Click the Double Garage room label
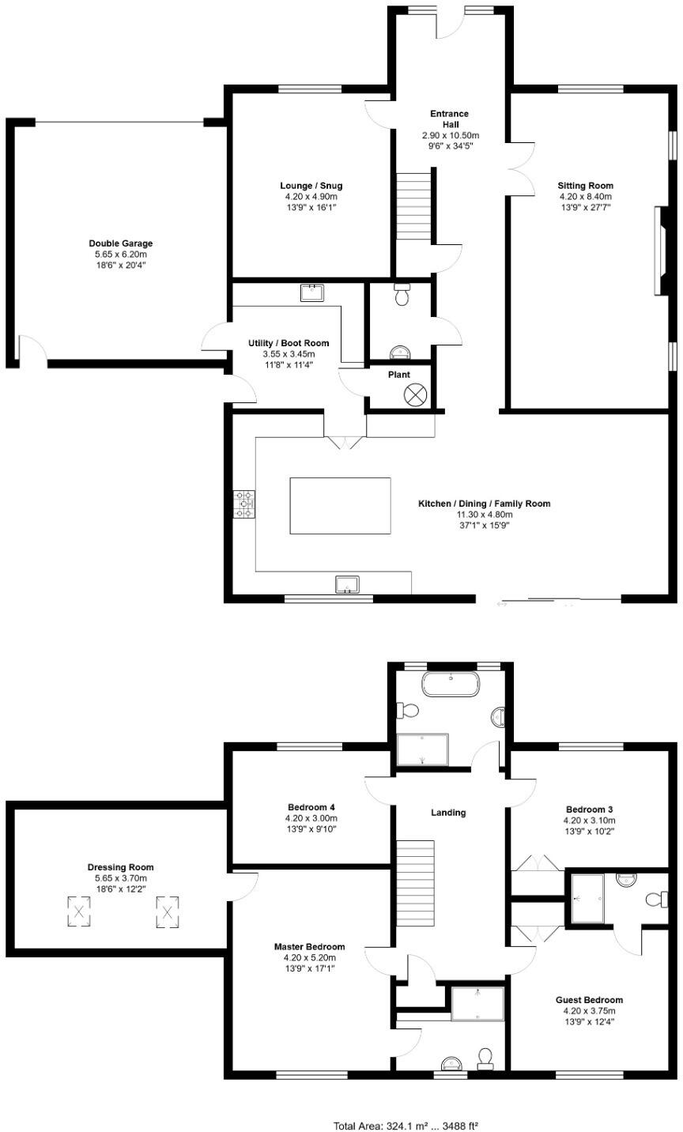[121, 243]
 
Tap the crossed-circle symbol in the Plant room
[415, 395]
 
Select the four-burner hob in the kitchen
[244, 504]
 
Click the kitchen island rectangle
[340, 506]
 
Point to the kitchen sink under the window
[347, 584]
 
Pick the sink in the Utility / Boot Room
[312, 292]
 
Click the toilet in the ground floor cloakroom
[402, 295]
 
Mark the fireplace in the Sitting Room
[660, 251]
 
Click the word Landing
[448, 813]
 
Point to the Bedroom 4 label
[311, 807]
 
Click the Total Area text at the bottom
[406, 1125]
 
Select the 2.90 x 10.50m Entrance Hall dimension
[450, 136]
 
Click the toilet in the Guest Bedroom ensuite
[656, 899]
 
